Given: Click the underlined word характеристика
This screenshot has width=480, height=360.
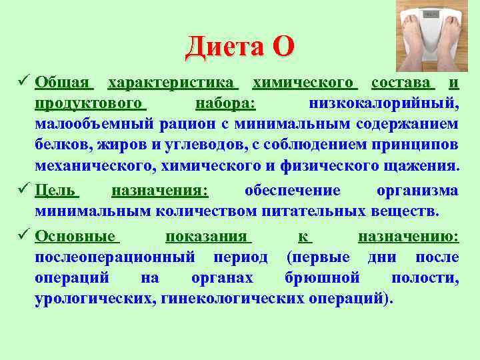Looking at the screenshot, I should (x=173, y=83).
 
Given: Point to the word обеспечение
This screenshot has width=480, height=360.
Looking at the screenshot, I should (x=292, y=191).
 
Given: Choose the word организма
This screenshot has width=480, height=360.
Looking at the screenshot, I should (x=417, y=191).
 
